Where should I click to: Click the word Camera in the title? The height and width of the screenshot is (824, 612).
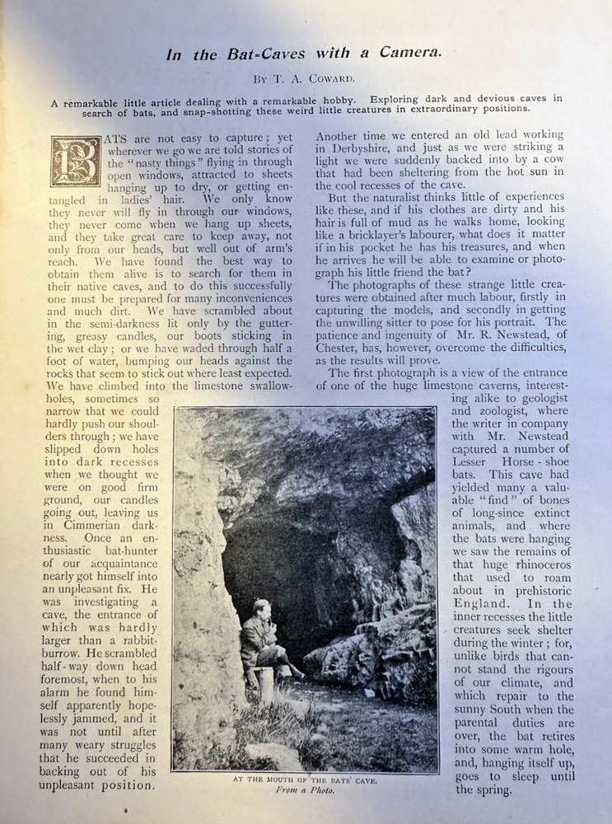click(410, 54)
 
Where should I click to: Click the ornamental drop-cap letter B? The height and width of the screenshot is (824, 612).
click(76, 162)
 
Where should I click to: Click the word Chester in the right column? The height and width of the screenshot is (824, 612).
click(342, 348)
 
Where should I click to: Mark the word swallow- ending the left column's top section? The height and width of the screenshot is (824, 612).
click(264, 386)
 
